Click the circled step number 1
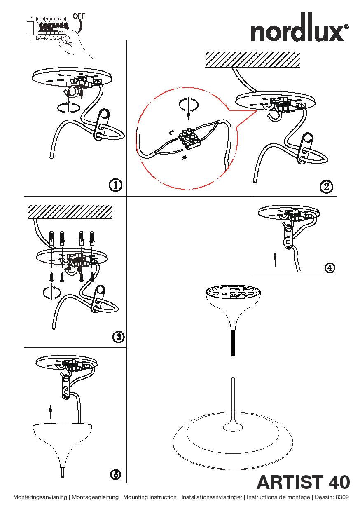pyautogui.click(x=116, y=185)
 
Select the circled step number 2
pyautogui.click(x=326, y=187)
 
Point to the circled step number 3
pyautogui.click(x=118, y=337)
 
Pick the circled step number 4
pyautogui.click(x=329, y=267)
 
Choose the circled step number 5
pyautogui.click(x=116, y=474)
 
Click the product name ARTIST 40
pyautogui.click(x=303, y=483)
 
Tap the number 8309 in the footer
pyautogui.click(x=342, y=497)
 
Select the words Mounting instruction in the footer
pyautogui.click(x=150, y=497)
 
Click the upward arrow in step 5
pyautogui.click(x=50, y=411)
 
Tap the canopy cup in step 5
pyautogui.click(x=62, y=441)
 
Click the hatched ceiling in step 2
pyautogui.click(x=252, y=59)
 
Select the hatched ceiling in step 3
pyautogui.click(x=70, y=211)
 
